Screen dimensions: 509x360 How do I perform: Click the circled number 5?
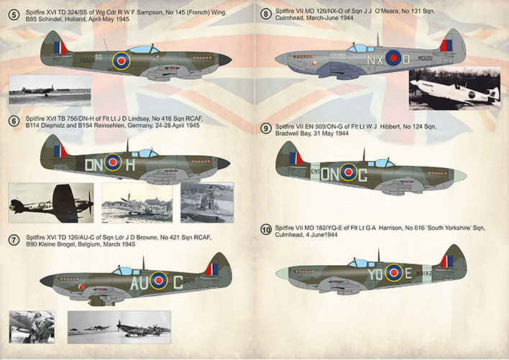coord(14,15)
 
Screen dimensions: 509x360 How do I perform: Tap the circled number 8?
coord(266,14)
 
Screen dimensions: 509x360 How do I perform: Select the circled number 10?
coord(266,230)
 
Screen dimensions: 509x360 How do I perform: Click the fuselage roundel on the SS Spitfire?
coord(121,60)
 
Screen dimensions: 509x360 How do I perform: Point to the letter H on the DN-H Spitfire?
coord(130,165)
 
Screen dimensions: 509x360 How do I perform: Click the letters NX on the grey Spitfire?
coord(375,60)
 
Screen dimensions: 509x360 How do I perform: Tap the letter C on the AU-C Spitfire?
coord(178,282)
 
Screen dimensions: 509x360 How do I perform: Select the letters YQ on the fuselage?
coord(375,274)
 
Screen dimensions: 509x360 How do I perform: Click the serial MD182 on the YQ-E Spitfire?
coord(424,273)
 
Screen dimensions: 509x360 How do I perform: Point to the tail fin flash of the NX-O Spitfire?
coord(446,46)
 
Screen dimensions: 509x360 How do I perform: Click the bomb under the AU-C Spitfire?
coord(101,303)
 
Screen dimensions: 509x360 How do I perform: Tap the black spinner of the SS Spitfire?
coord(224,60)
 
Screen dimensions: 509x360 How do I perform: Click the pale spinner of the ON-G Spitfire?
coord(460,176)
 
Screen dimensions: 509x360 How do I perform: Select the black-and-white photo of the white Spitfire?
coord(454,88)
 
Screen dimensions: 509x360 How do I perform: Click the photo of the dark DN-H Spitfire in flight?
coord(51,203)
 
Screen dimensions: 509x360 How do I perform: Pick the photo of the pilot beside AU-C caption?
coord(32,327)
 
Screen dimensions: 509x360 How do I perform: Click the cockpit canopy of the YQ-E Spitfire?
coord(358,263)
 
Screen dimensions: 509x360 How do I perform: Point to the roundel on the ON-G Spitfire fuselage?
coord(348,172)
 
